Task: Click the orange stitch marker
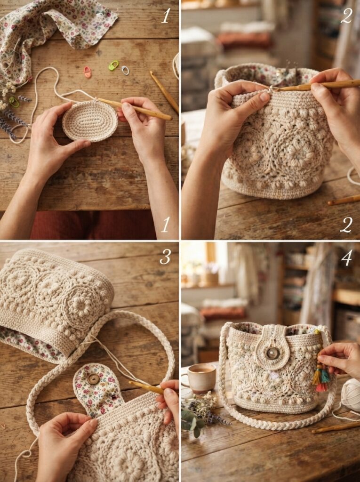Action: coord(88,72)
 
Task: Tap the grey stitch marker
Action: coord(125,71)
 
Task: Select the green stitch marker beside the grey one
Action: coord(113,65)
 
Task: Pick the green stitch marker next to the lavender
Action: coord(14,102)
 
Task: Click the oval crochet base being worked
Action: coord(90,120)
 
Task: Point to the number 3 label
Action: coord(165,257)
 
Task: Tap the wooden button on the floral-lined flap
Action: coord(94,379)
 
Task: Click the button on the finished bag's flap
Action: coord(272,353)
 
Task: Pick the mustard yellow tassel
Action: coord(317,377)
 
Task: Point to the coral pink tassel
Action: coord(321,387)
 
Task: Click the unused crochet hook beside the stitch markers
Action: coord(164,91)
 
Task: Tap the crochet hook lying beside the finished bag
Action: coord(336,428)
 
